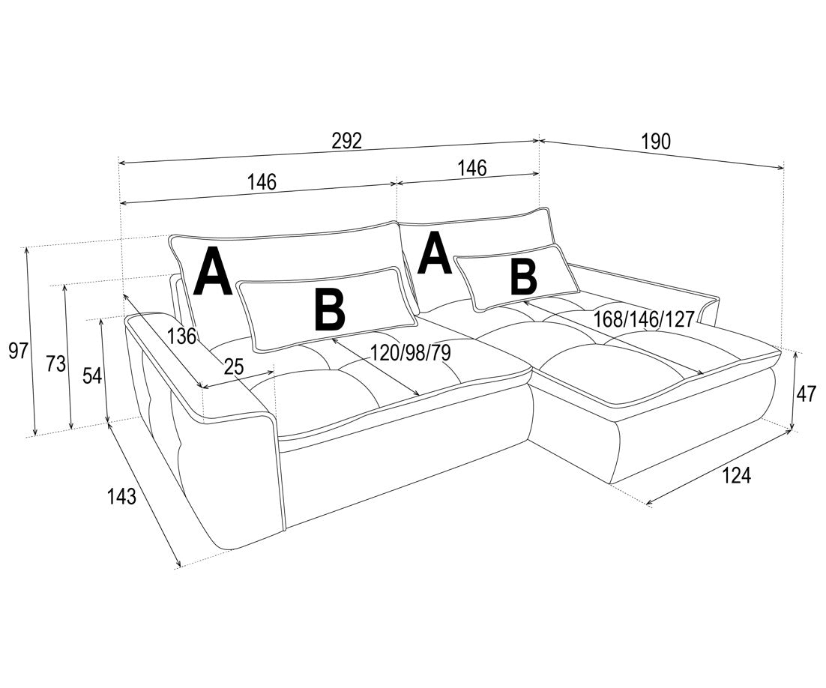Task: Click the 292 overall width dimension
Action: click(347, 141)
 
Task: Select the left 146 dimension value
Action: click(262, 182)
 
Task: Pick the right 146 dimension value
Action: click(471, 168)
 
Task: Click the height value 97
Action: click(18, 350)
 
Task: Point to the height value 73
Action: click(55, 364)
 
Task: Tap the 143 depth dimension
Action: click(121, 496)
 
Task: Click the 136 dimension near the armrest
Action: click(181, 336)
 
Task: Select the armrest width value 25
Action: click(234, 366)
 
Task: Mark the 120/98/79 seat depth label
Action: click(410, 353)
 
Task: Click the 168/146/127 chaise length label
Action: click(644, 319)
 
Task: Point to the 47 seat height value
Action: click(806, 393)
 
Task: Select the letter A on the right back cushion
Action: click(435, 254)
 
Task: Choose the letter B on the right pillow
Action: click(524, 278)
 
